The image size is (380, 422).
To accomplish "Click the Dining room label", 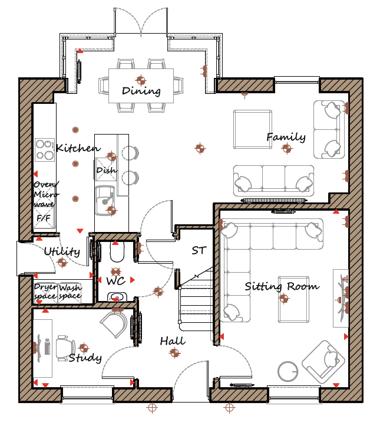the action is pyautogui.click(x=141, y=91).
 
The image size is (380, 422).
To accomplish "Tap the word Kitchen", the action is pyautogui.click(x=78, y=148).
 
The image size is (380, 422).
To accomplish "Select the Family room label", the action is pyautogui.click(x=286, y=138).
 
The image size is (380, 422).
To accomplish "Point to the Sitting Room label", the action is pyautogui.click(x=282, y=286).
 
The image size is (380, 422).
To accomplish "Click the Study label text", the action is pyautogui.click(x=85, y=358).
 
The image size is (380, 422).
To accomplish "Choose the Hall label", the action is pyautogui.click(x=173, y=341).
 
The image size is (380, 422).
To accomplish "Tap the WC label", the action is pyautogui.click(x=116, y=281).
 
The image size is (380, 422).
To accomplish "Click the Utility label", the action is pyautogui.click(x=62, y=251).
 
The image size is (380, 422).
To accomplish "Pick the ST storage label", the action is pyautogui.click(x=199, y=251).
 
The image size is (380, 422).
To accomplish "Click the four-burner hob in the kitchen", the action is pyautogui.click(x=45, y=150).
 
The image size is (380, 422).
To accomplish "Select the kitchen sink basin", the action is pyautogui.click(x=105, y=200).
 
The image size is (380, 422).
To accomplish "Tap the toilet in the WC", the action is pyautogui.click(x=117, y=252).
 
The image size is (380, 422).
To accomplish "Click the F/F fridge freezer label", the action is pyautogui.click(x=44, y=218).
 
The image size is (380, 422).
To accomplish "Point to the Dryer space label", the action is pyautogui.click(x=46, y=292).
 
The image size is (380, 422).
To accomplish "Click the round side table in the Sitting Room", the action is pyautogui.click(x=288, y=371).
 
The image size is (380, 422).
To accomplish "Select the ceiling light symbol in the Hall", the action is pyautogui.click(x=174, y=352).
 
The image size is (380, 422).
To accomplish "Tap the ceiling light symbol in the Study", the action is pyautogui.click(x=84, y=348).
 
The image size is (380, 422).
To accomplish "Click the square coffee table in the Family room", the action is pyautogui.click(x=253, y=129).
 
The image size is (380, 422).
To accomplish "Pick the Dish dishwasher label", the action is pyautogui.click(x=107, y=171).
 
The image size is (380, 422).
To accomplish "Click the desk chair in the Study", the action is pyautogui.click(x=65, y=348).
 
